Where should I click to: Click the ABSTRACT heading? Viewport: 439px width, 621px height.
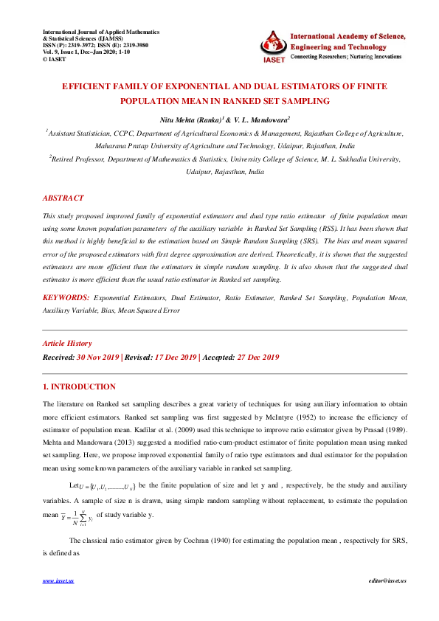(63, 198)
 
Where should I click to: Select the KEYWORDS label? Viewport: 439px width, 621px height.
(66, 296)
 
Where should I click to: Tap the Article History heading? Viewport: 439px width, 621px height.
(67, 344)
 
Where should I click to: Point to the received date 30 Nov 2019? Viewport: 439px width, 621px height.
(97, 358)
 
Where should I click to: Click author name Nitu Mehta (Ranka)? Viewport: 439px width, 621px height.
(190, 119)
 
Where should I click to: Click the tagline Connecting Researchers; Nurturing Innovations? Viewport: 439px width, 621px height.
(347, 57)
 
